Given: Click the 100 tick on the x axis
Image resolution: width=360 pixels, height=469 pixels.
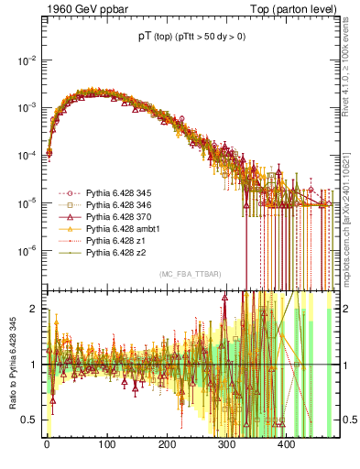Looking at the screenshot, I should (x=106, y=445).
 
